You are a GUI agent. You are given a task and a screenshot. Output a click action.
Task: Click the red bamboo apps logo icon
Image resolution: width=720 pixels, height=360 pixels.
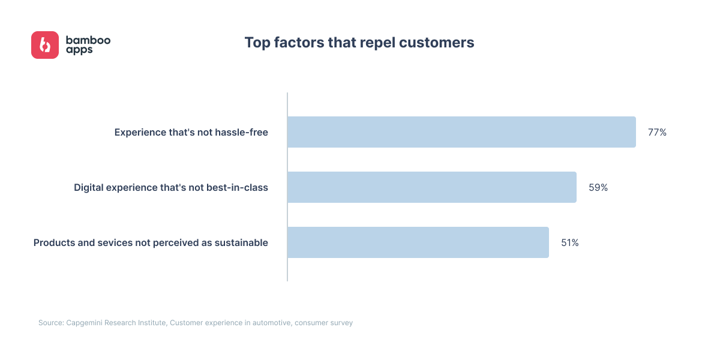pos(45,45)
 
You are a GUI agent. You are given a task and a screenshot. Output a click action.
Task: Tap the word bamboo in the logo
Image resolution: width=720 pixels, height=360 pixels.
pos(88,40)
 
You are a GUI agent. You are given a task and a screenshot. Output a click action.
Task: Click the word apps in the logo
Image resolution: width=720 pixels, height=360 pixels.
pos(79,50)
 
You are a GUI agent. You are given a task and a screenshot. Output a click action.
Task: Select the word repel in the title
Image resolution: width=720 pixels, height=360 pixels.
pos(377,43)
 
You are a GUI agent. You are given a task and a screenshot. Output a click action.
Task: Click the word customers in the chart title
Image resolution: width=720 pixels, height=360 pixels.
pos(437,43)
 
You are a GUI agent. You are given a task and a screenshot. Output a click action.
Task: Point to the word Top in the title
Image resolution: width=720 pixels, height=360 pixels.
pos(257,43)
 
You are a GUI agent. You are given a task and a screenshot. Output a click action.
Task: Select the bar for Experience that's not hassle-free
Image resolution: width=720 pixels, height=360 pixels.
pos(461,132)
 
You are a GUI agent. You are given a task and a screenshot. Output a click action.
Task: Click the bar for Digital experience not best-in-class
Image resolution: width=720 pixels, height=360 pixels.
pos(432,187)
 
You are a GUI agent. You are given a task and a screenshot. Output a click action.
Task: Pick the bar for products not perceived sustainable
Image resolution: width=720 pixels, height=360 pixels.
pos(418,242)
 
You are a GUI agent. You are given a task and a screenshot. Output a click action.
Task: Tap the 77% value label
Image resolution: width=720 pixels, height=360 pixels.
pos(657,133)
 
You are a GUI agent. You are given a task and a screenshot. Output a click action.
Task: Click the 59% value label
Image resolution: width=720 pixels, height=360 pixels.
pos(598,187)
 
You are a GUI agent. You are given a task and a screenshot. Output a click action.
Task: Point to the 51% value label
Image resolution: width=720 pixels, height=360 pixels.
pos(570,242)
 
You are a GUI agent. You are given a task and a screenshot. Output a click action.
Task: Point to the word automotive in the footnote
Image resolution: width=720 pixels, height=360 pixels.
pos(272,323)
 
